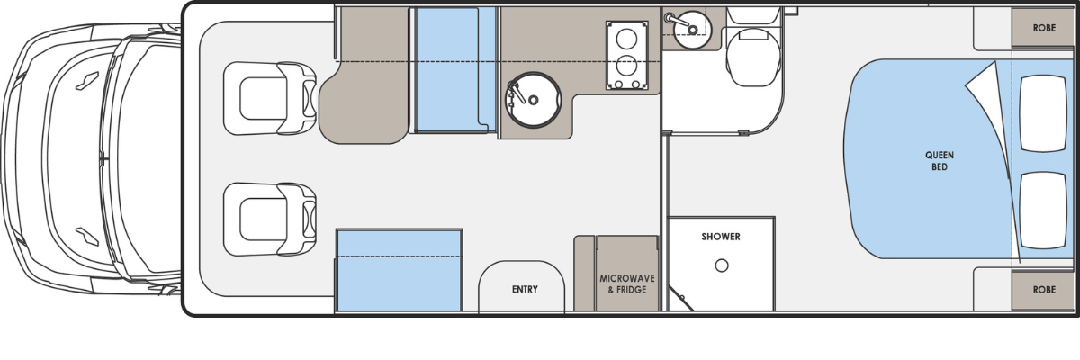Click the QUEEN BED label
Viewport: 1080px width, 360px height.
[940, 161]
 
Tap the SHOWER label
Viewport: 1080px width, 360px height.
[721, 237]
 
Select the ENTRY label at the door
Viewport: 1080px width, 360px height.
[525, 289]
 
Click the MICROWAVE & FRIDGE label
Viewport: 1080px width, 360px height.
[627, 283]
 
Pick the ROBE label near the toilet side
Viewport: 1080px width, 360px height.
[1044, 28]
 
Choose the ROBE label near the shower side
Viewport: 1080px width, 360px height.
[1044, 290]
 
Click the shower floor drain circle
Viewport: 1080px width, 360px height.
[722, 265]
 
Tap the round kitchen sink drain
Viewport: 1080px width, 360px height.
[533, 100]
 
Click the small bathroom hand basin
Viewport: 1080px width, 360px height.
[692, 30]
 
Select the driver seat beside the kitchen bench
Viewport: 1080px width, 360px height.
[270, 98]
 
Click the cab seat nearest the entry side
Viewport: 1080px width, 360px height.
[270, 220]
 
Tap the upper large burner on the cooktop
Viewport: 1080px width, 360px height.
[626, 40]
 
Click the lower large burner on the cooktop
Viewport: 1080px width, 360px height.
[626, 66]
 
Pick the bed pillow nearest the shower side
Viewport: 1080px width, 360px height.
[1043, 210]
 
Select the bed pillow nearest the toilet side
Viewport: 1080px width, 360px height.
[1043, 113]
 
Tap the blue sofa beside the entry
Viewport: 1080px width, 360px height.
[399, 270]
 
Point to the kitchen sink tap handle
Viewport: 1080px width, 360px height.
[516, 91]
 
